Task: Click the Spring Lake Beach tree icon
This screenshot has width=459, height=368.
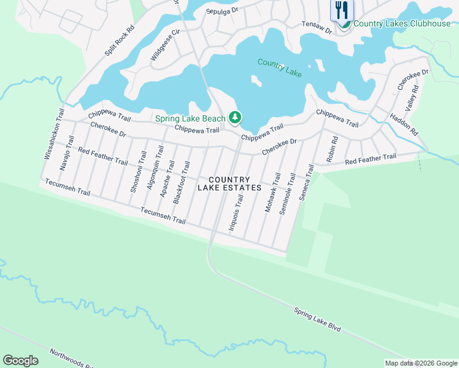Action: click(234, 117)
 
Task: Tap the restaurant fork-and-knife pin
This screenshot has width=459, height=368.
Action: click(342, 10)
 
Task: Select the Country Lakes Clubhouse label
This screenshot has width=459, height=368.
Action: click(402, 24)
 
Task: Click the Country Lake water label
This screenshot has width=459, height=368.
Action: click(280, 67)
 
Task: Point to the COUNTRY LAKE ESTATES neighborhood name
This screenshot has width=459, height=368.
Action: click(229, 183)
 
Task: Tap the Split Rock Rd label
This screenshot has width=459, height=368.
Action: click(119, 41)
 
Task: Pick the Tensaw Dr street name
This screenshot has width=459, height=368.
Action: click(317, 26)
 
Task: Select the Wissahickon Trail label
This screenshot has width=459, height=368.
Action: click(53, 135)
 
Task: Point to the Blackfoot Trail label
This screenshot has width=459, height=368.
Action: click(182, 182)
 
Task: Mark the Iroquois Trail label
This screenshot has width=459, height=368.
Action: click(236, 212)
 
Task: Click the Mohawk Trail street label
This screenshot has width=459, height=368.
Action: click(271, 192)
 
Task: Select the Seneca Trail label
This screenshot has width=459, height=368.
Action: click(305, 183)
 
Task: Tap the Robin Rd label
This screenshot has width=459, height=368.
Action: click(332, 148)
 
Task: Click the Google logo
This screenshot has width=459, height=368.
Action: click(21, 360)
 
